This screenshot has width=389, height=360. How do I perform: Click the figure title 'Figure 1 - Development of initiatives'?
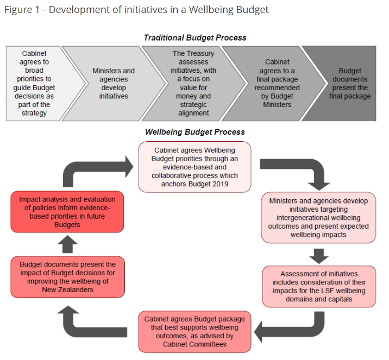click(136, 10)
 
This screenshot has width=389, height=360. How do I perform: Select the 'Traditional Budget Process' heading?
click(195, 37)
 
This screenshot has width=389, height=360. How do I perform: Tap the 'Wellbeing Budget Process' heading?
click(195, 132)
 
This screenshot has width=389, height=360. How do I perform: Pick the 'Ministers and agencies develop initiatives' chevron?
click(114, 83)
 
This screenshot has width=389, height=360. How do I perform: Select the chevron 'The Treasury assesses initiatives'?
click(193, 83)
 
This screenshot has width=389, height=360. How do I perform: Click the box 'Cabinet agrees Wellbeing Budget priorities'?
click(195, 167)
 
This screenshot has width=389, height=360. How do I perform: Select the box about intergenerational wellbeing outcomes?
click(318, 218)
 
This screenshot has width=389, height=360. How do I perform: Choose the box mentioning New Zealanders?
click(68, 277)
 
